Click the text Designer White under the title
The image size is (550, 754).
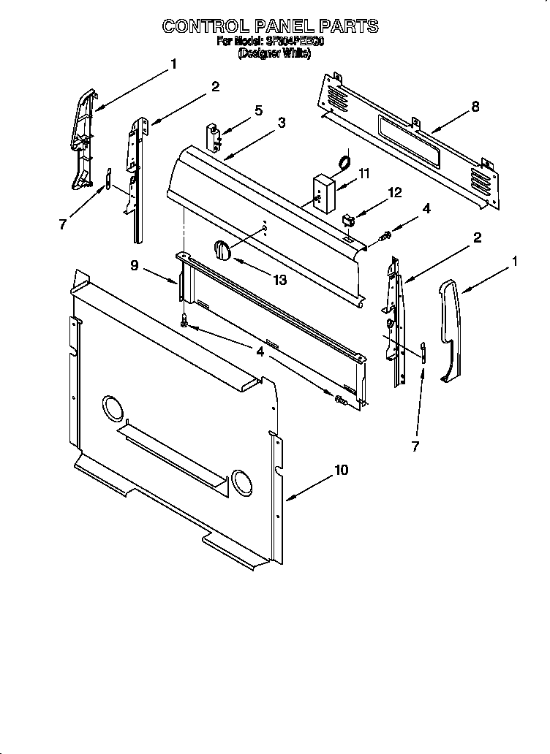point(269,54)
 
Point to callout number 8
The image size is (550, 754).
point(475,107)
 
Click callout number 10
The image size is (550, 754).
point(341,471)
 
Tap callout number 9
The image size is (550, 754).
point(135,266)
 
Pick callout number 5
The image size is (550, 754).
point(258,110)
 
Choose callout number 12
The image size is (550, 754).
point(395,193)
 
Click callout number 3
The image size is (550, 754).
point(281,123)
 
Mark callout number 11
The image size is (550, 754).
point(364,173)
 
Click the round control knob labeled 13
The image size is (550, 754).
point(222,251)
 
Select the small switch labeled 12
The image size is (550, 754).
point(350,217)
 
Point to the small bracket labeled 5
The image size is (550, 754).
point(214,136)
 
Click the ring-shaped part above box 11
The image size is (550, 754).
point(342,161)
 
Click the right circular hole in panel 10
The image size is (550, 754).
point(241,480)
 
